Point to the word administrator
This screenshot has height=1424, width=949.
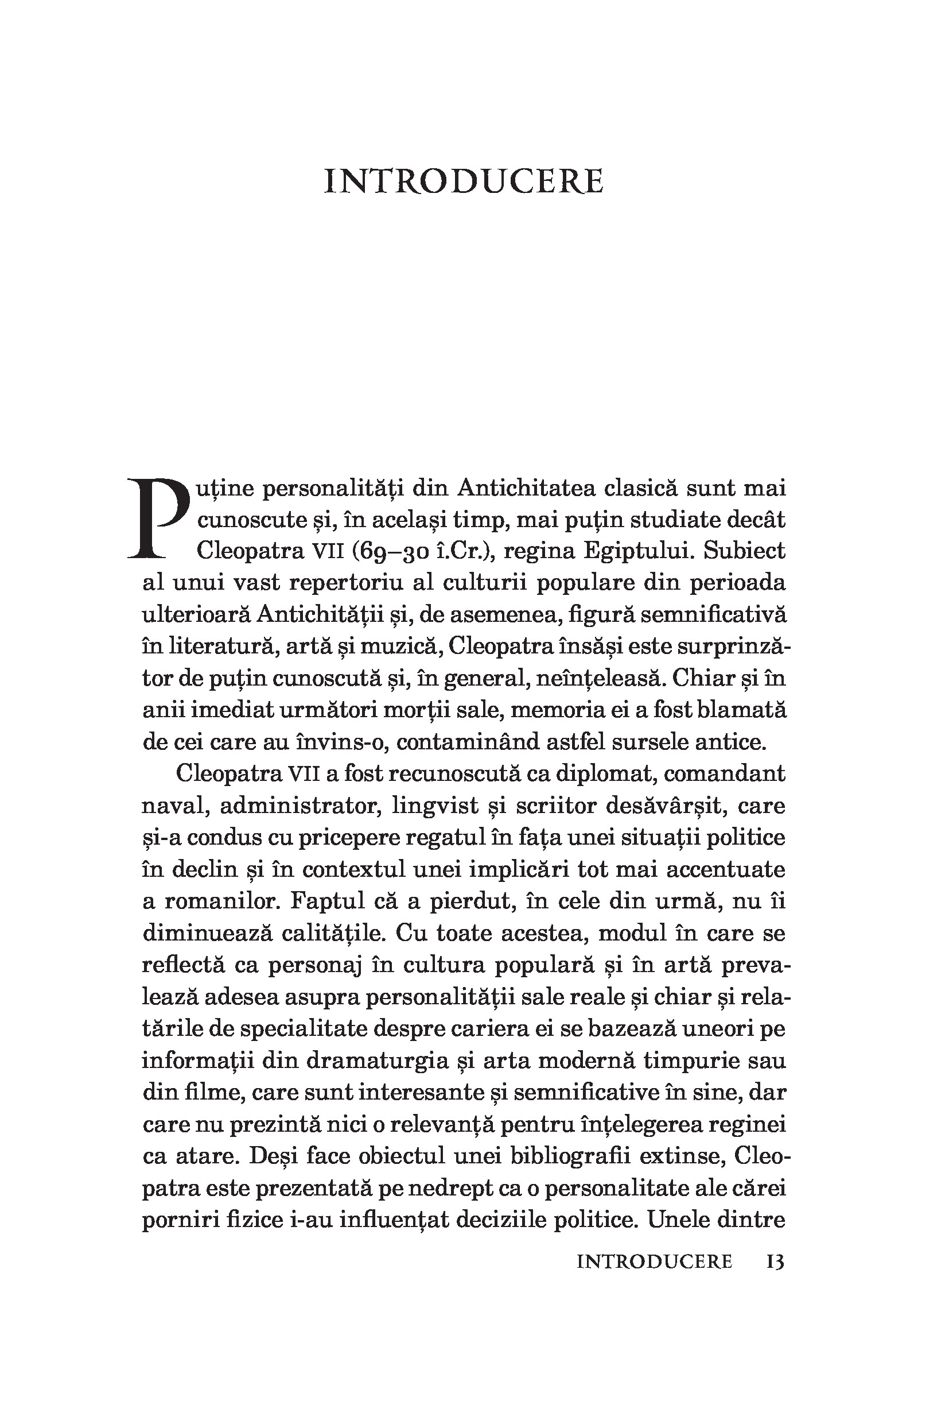pos(297,806)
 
